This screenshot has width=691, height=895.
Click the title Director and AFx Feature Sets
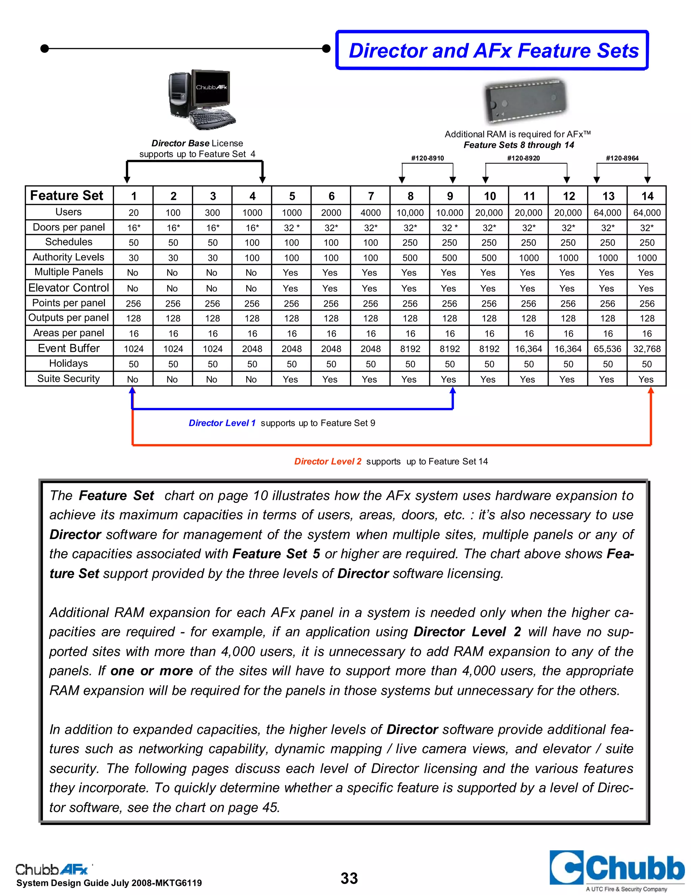[493, 51]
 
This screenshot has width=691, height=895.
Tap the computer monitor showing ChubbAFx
[211, 88]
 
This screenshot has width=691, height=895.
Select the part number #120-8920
[523, 158]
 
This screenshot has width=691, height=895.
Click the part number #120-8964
[622, 158]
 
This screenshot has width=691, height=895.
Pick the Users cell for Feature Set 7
[370, 213]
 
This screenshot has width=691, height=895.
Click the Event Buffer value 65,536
[607, 349]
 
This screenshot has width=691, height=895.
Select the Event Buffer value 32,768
[647, 349]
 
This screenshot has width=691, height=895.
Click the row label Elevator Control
[69, 288]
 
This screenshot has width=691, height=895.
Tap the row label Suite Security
[69, 379]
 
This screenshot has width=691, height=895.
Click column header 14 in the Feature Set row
[647, 196]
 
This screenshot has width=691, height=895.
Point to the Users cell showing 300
[213, 213]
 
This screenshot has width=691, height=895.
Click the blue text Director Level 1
[222, 423]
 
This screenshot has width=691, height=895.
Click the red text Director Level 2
[328, 461]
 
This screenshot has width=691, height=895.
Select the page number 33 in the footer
[349, 878]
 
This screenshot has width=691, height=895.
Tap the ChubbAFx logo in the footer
[52, 869]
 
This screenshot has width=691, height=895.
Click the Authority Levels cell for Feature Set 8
[410, 258]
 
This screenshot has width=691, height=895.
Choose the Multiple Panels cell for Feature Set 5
[290, 273]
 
